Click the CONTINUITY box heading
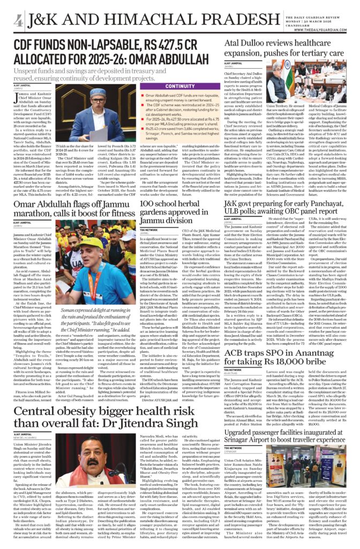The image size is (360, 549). point(180,86)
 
